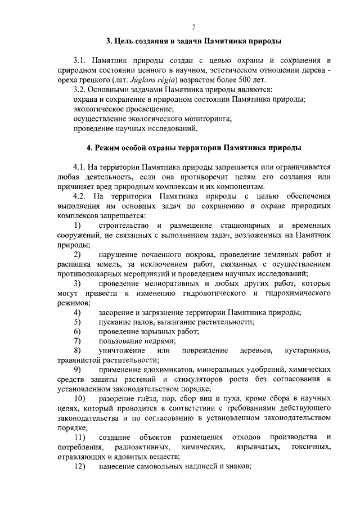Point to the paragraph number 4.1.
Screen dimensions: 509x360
pos(82,168)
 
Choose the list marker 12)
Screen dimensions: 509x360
pos(80,466)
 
